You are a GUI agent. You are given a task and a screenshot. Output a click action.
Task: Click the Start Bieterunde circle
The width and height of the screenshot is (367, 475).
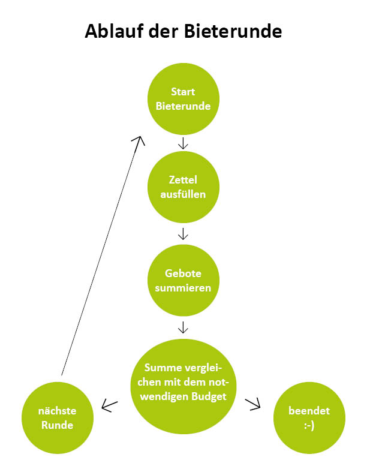(x=183, y=100)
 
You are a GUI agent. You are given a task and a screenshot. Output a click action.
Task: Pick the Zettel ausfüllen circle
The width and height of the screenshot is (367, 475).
(x=183, y=186)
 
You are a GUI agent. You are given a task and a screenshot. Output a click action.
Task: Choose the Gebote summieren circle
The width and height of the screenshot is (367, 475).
(x=183, y=280)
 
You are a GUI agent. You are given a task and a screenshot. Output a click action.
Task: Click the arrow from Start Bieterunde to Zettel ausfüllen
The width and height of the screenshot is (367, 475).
(x=183, y=143)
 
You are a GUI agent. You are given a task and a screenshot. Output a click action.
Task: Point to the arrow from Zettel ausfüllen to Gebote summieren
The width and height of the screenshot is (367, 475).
(x=183, y=233)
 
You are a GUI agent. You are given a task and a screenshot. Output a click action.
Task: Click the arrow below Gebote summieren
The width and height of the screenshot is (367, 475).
(x=183, y=327)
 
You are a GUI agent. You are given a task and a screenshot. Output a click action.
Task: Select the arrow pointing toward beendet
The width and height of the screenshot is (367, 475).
(x=255, y=405)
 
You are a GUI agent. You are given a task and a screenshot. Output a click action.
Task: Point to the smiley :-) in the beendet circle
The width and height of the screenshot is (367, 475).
(x=309, y=425)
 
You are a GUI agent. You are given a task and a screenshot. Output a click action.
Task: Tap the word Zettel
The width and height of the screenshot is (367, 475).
(x=183, y=179)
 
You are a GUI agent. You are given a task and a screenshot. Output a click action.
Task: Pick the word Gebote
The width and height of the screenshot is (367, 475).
(x=183, y=273)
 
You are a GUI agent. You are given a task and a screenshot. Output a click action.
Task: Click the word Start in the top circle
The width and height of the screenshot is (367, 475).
(x=183, y=92)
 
